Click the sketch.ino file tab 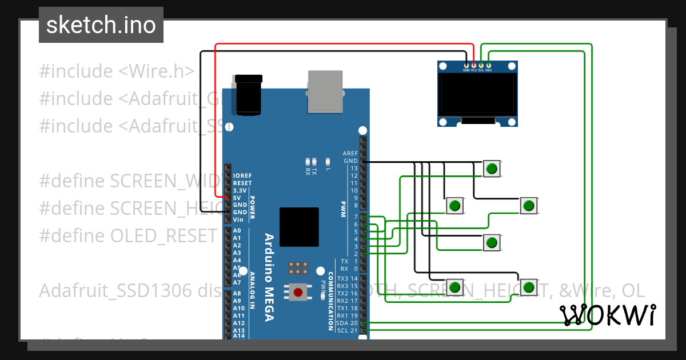pyautogui.click(x=101, y=25)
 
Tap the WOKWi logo pyautogui.click(x=607, y=315)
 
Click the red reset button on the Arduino pyautogui.click(x=298, y=293)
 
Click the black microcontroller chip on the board pyautogui.click(x=299, y=227)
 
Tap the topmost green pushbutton pyautogui.click(x=491, y=169)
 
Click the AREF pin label pyautogui.click(x=350, y=154)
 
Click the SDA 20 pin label pyautogui.click(x=347, y=323)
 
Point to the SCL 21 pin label pyautogui.click(x=347, y=331)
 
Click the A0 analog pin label pyautogui.click(x=237, y=231)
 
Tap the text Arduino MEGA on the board pyautogui.click(x=269, y=277)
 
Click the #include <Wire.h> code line pyautogui.click(x=117, y=71)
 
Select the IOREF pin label pyautogui.click(x=242, y=176)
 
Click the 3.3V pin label pyautogui.click(x=240, y=190)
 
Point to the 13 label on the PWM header pyautogui.click(x=354, y=169)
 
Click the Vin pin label pyautogui.click(x=238, y=219)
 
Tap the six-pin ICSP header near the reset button pyautogui.click(x=297, y=269)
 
